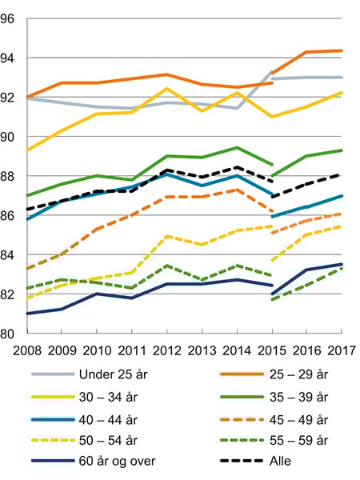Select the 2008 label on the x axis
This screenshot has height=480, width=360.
pos(26,350)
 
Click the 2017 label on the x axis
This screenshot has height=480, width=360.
pos(341,350)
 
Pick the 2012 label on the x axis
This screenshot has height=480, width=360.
pos(166,350)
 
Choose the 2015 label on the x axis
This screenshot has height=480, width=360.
pos(271,350)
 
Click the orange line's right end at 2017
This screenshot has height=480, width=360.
pos(342,50)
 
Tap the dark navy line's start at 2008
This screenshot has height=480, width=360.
pos(26,314)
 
